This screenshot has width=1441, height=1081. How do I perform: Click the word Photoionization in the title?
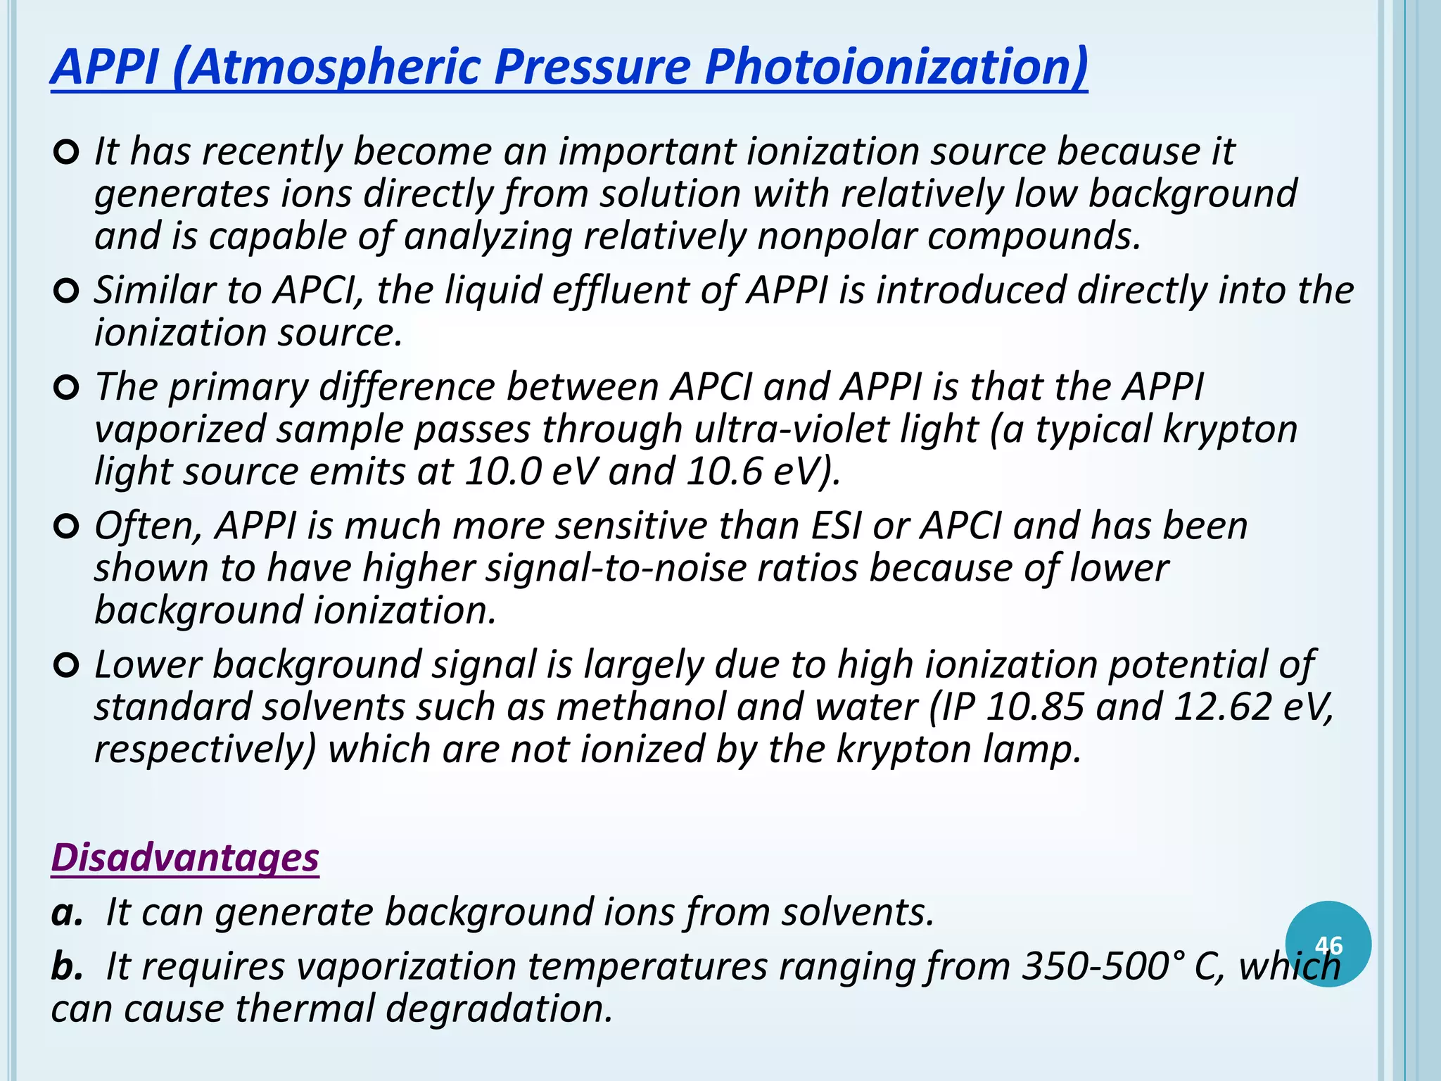pyautogui.click(x=895, y=68)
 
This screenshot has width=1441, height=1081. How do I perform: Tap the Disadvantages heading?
pyautogui.click(x=185, y=858)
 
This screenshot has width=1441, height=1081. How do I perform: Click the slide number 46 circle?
pyautogui.click(x=1328, y=944)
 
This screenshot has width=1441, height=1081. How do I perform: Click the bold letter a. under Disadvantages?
pyautogui.click(x=67, y=913)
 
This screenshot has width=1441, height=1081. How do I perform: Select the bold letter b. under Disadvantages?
pyautogui.click(x=67, y=966)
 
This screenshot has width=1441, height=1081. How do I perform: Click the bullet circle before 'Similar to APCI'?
pyautogui.click(x=65, y=291)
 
